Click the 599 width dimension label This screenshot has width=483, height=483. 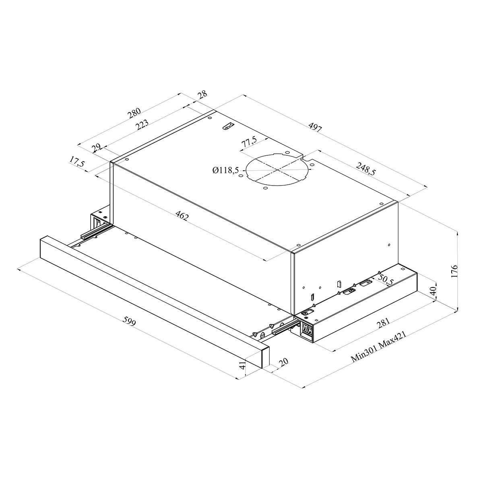coord(129,321)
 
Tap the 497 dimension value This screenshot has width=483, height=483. coord(315,127)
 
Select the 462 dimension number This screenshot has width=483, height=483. coord(182,215)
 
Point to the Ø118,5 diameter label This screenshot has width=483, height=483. coord(225,170)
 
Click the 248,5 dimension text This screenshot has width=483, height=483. coord(366,169)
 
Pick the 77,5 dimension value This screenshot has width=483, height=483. coord(249,142)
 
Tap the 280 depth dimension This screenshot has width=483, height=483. coord(134,113)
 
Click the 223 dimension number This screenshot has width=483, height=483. coord(142,125)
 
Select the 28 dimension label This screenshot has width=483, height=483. coord(202,94)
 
